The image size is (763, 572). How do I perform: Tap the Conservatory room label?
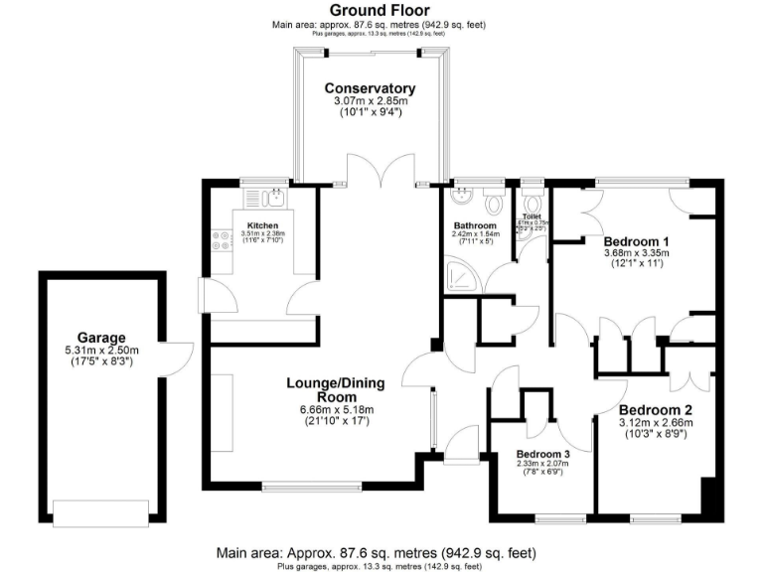click(370, 88)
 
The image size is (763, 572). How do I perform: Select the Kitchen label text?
click(262, 225)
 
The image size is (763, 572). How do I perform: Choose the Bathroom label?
click(468, 225)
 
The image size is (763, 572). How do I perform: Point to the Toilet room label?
click(532, 215)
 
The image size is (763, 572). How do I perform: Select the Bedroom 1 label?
click(637, 241)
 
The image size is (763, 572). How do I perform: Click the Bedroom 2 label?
click(655, 409)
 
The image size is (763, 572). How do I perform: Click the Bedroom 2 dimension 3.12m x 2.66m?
click(655, 423)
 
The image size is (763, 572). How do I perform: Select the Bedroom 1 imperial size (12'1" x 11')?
click(637, 265)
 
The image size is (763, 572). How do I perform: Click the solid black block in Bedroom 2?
click(708, 496)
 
